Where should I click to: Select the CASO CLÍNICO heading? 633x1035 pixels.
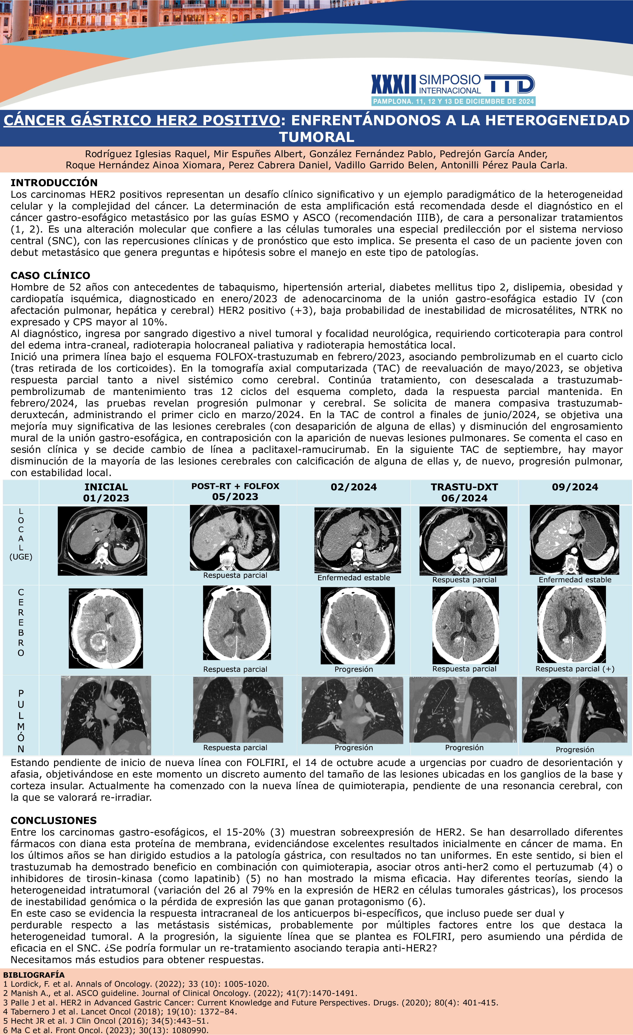[50, 275]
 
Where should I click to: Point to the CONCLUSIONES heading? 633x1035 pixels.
[54, 820]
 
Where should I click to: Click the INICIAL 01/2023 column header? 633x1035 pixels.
[106, 492]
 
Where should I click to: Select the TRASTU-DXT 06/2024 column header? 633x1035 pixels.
[464, 492]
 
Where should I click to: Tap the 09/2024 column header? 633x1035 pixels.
[575, 487]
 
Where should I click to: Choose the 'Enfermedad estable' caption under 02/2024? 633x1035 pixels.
[354, 578]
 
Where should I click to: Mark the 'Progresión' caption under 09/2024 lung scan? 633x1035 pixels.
[575, 749]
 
